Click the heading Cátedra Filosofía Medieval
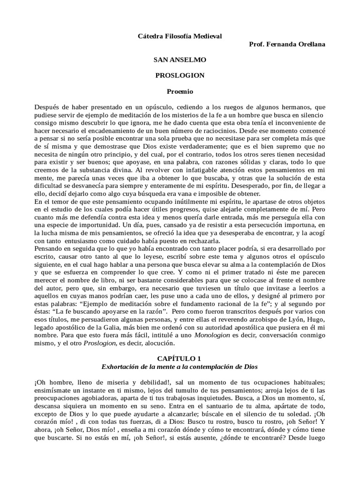coord(180,36)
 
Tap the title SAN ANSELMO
coord(180,60)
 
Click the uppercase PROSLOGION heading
coord(180,75)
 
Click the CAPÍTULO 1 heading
coord(180,358)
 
